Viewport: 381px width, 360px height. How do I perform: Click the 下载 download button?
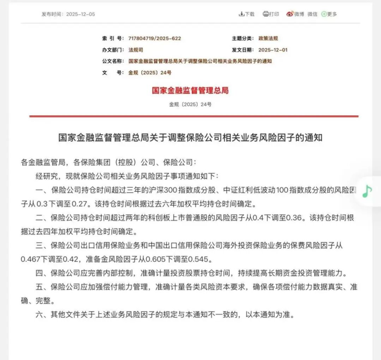(x=247, y=14)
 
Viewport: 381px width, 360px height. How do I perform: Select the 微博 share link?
(x=296, y=14)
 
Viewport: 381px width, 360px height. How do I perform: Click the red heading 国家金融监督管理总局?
(x=190, y=90)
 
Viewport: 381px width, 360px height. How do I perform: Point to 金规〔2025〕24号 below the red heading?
(x=190, y=105)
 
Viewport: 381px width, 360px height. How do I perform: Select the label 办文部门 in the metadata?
(x=111, y=50)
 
